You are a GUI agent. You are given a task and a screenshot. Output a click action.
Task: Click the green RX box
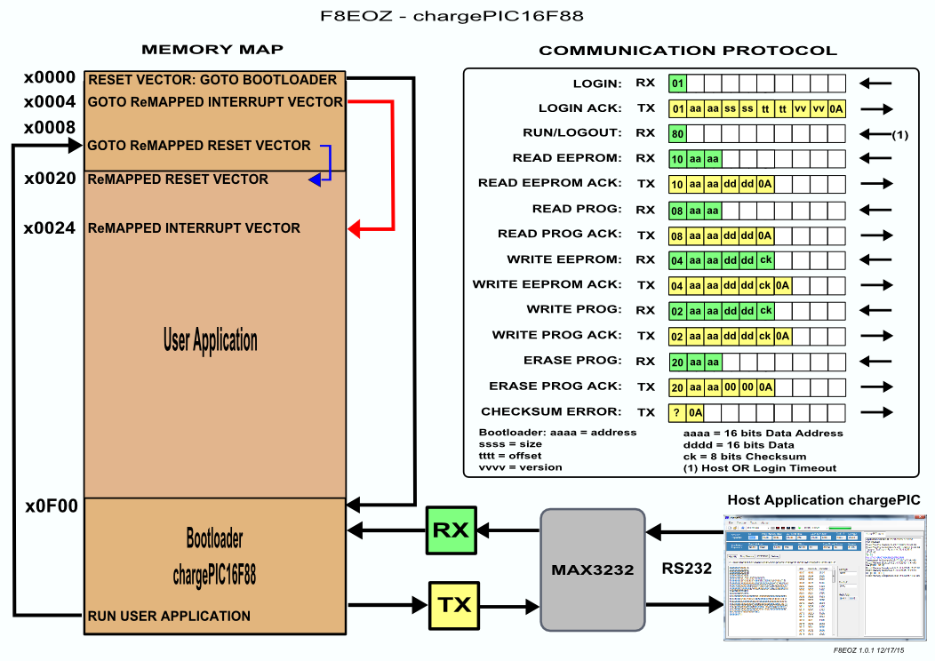point(451,530)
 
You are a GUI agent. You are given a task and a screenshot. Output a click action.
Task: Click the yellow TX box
point(454,605)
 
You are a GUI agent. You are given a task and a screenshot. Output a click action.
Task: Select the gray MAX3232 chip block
point(593,569)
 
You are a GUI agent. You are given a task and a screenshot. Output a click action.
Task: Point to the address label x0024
point(50,228)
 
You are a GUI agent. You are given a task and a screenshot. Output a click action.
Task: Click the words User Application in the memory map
point(211,340)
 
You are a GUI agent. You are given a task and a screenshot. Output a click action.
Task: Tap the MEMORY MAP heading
point(213,49)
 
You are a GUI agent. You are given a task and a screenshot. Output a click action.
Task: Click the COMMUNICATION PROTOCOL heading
point(688,51)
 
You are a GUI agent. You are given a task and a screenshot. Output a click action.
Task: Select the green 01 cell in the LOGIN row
point(677,84)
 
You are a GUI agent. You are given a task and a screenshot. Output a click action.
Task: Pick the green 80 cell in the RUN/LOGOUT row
point(677,134)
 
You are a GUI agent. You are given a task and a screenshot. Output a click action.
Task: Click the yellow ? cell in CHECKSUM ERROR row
point(677,412)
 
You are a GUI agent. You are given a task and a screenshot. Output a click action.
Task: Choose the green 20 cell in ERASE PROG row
point(677,362)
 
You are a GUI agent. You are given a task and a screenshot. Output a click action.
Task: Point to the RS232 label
point(687,569)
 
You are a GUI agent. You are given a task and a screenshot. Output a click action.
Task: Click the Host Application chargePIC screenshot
point(825,578)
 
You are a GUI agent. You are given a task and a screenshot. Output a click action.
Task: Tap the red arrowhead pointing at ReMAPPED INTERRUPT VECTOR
point(353,230)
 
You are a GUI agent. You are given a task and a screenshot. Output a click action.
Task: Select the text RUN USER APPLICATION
point(169,616)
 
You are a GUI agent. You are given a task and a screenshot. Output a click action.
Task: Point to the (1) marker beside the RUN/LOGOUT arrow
point(899,135)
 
